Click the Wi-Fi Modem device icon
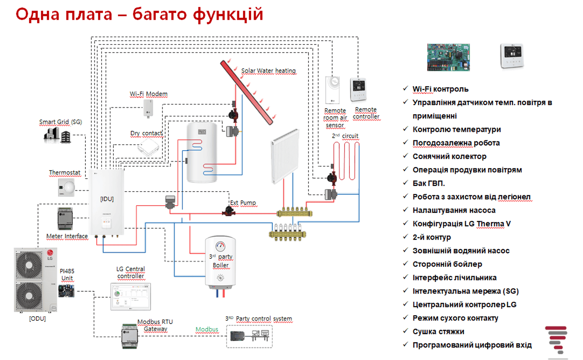[148, 108]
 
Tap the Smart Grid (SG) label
[60, 122]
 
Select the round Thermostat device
[67, 187]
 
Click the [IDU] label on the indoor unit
[107, 199]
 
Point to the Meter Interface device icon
[65, 219]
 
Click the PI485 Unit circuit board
[66, 290]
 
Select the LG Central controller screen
[130, 297]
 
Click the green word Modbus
[206, 330]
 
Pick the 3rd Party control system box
[249, 336]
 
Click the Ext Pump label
[243, 203]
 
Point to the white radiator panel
[285, 156]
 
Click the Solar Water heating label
[268, 71]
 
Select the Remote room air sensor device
[332, 90]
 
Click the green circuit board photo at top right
[448, 57]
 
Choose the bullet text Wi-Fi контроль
[440, 89]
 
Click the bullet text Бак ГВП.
[428, 183]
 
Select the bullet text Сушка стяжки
[438, 332]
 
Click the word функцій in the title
[228, 15]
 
